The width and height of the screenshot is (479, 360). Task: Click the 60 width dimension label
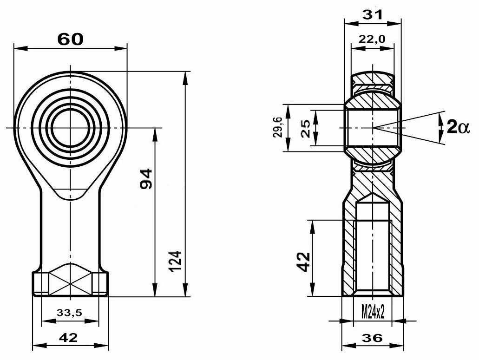pos(70,39)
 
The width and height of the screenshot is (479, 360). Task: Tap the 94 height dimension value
pos(146,178)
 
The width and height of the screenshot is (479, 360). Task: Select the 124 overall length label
pos(175,261)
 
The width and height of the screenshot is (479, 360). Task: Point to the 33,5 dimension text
pos(69,312)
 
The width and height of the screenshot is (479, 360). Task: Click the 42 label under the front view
pos(68,337)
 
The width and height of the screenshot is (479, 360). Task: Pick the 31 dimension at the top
pos(372,14)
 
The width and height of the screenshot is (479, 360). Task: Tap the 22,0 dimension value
pos(372,39)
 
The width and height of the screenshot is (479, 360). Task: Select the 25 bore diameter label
pos(305,128)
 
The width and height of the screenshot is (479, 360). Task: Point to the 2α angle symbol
pos(457,126)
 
